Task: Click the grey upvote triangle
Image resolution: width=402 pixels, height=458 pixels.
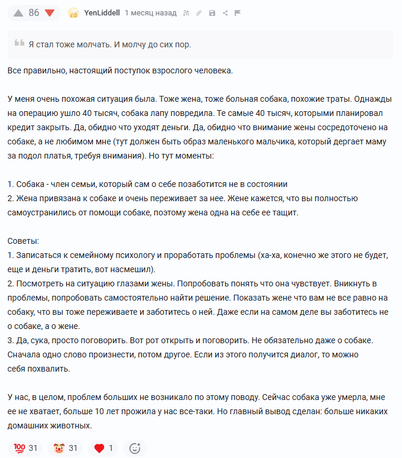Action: point(18,13)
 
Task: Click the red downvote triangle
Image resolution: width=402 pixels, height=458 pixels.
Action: point(50,13)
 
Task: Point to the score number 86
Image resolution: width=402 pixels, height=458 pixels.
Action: point(34,13)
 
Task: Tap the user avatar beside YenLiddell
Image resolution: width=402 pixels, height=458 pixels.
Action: point(73,13)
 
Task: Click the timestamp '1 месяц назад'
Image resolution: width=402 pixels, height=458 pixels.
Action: point(150,13)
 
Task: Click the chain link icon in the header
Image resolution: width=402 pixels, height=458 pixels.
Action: point(199,13)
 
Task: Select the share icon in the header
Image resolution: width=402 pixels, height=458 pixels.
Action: point(225,13)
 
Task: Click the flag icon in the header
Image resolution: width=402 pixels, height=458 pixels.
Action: point(238,13)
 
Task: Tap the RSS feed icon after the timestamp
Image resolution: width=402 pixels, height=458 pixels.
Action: point(186,13)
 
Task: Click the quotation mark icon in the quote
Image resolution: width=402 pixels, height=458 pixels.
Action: point(20,43)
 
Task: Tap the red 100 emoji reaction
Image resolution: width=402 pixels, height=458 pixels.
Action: point(19,448)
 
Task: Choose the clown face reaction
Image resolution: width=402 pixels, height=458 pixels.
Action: point(59,448)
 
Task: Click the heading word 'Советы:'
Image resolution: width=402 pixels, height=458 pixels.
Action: point(24,241)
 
